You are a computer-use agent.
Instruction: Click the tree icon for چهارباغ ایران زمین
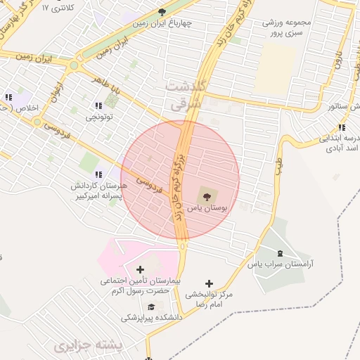click(x=162, y=12)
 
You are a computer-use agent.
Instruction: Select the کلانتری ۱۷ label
click(x=57, y=7)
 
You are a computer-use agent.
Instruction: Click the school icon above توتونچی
click(x=98, y=105)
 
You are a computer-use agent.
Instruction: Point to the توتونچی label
click(x=99, y=117)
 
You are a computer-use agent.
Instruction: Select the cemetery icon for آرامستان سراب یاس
click(x=281, y=253)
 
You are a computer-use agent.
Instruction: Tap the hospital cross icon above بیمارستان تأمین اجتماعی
click(x=139, y=269)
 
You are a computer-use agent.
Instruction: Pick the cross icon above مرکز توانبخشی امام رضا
click(x=208, y=283)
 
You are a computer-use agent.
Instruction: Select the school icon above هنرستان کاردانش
click(x=98, y=173)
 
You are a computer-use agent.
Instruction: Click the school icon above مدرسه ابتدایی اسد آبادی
click(x=341, y=127)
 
